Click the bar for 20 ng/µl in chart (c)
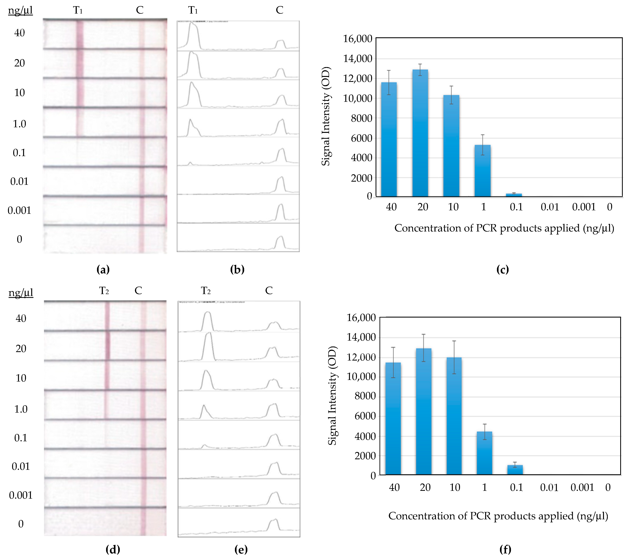pos(420,133)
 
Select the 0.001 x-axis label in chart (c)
pos(583,207)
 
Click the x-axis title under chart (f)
pos(498,516)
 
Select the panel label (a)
pos(103,269)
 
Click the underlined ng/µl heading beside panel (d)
pos(21,292)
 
